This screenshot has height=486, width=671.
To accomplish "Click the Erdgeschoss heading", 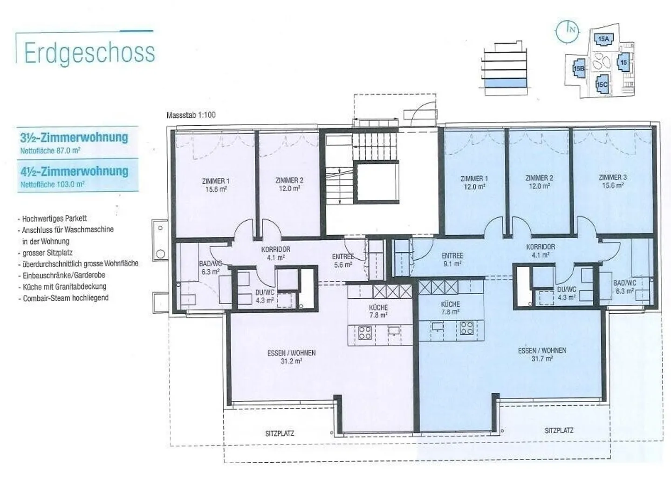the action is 89,53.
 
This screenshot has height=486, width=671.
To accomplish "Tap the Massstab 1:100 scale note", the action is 191,115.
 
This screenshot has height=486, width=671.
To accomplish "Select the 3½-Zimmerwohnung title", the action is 74,137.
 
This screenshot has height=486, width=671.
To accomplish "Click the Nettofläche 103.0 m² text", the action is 52,184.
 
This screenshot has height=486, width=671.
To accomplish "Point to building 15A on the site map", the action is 603,39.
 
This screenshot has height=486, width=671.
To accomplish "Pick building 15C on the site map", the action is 602,84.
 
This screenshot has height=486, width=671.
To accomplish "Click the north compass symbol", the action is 567,32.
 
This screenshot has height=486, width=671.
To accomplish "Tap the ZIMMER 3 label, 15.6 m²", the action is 613,182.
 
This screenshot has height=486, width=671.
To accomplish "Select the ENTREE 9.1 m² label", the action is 452,259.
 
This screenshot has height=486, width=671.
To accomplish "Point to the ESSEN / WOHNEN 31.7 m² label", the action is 542,354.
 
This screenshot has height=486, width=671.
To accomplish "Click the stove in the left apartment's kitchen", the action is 365,333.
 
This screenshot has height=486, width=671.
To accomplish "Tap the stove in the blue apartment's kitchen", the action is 467,328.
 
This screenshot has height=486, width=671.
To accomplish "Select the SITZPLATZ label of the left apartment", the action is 280,433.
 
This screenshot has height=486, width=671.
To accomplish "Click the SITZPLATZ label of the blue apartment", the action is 559,430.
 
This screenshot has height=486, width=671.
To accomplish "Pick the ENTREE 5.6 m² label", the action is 343,261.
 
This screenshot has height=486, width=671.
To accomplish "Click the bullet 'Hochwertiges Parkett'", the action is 52,218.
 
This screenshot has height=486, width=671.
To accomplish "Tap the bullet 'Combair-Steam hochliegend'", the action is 63,298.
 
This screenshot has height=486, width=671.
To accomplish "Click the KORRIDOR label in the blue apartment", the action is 541,251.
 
